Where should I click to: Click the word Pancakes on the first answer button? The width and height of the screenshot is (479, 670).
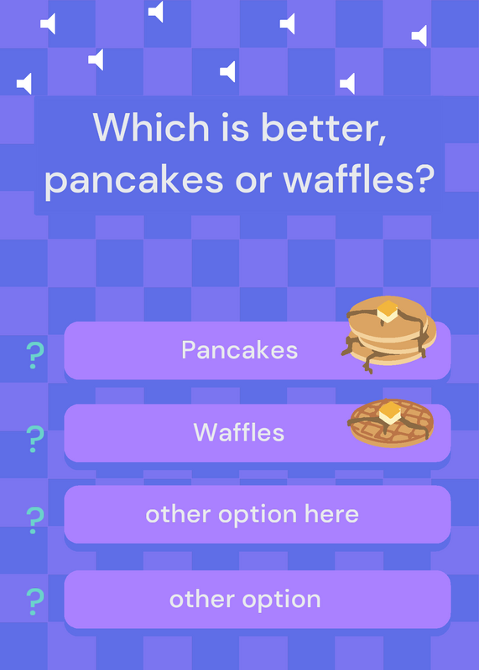point(239,350)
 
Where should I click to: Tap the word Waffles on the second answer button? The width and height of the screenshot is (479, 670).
point(239,432)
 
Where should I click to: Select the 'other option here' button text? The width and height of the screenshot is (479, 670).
point(253,515)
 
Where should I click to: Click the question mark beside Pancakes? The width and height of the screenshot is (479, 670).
point(35,355)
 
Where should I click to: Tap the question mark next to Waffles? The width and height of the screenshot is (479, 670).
point(35,439)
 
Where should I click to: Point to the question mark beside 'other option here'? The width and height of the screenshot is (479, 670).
point(35,520)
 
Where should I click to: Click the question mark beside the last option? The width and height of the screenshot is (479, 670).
point(35,601)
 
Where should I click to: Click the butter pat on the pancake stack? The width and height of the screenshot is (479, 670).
point(388,311)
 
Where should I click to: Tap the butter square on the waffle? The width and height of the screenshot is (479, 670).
point(390,413)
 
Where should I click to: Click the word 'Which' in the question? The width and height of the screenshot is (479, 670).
point(151,127)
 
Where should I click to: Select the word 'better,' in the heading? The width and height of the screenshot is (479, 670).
point(324,128)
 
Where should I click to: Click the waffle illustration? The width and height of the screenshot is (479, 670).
point(390,423)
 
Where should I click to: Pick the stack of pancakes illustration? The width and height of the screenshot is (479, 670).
point(388,334)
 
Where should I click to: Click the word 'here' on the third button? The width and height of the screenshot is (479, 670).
point(331,513)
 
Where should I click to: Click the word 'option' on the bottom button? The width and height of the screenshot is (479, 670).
point(281,600)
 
